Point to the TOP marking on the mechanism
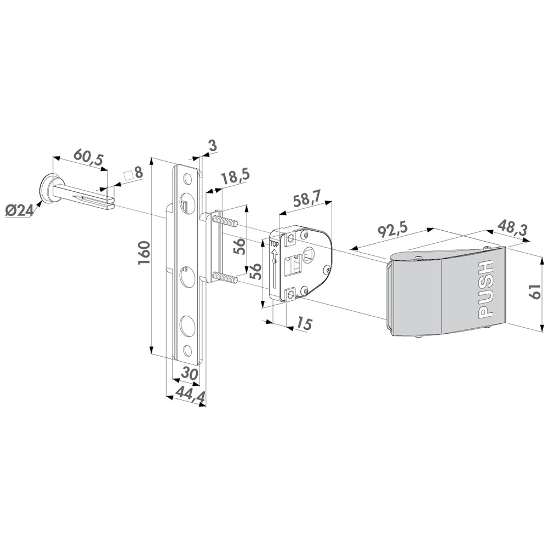pos(275,244)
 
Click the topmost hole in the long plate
pos(188,180)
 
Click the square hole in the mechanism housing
pos(308,254)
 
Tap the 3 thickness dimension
pos(212,146)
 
